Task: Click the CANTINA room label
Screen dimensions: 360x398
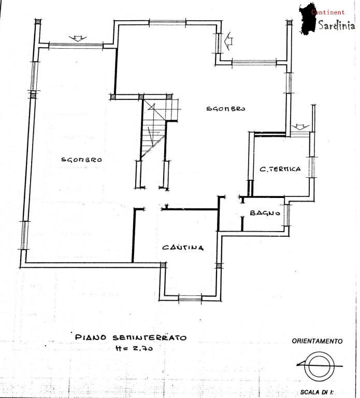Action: pos(183,247)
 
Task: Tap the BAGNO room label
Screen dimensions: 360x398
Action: pos(265,213)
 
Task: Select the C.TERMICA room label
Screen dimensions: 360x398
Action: pos(280,169)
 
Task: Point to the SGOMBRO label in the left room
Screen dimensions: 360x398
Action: pos(82,160)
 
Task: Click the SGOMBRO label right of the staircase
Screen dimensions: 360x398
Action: pos(225,109)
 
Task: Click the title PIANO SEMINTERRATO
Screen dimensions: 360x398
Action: pos(131,337)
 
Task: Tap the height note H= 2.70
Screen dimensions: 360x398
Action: pos(134,348)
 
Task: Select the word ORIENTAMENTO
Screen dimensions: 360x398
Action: pos(317,341)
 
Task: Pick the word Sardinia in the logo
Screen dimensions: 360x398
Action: pos(337,25)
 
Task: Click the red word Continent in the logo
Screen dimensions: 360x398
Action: pos(328,12)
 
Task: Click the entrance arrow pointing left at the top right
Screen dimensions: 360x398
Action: pos(228,40)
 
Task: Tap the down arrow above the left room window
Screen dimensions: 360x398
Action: pos(78,38)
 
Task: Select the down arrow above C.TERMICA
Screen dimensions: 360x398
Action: pos(300,127)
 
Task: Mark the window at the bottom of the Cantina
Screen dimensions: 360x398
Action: pos(190,298)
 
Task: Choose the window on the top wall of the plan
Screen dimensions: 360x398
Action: pos(167,23)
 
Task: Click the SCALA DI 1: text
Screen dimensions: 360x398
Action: pos(317,392)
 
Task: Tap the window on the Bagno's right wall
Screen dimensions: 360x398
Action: pos(287,215)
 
